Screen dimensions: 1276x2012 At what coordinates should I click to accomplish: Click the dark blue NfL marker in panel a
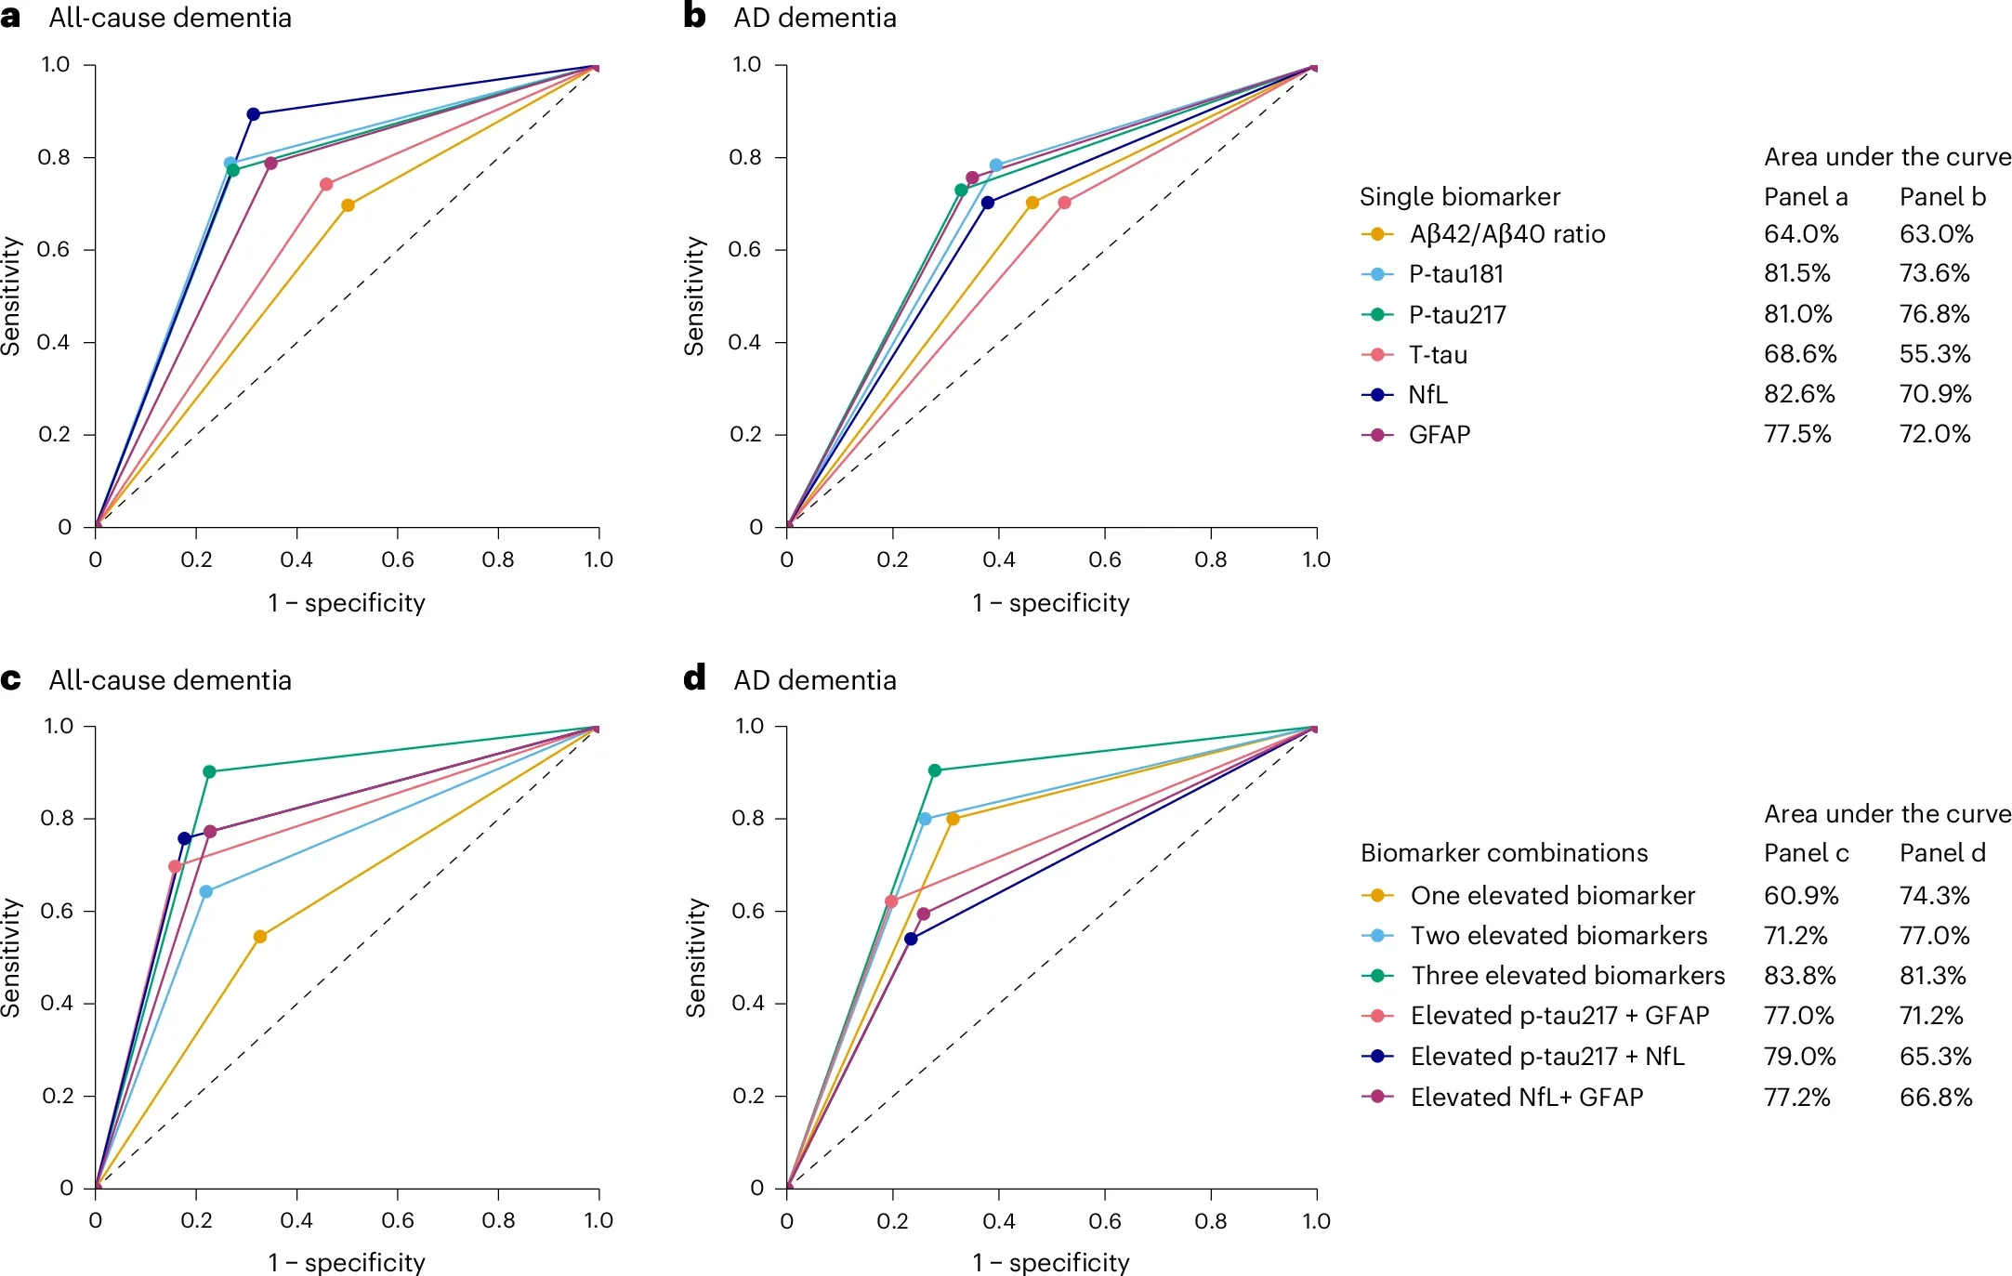coord(253,114)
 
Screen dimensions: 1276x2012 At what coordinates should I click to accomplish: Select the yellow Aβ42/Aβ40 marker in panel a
coord(348,205)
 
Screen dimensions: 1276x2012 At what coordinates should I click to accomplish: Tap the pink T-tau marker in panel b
coord(1064,203)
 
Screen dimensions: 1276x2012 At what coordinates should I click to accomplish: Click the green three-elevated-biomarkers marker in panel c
coord(209,771)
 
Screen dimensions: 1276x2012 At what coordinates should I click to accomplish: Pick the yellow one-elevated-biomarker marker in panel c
coord(260,937)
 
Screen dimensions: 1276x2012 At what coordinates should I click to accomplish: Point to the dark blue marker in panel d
coord(911,939)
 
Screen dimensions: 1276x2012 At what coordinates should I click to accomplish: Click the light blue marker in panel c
coord(206,891)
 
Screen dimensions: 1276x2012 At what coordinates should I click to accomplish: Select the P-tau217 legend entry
coord(1456,314)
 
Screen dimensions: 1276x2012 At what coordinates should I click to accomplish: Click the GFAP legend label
coord(1439,435)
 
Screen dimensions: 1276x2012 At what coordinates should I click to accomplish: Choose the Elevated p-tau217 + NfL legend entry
coord(1546,1057)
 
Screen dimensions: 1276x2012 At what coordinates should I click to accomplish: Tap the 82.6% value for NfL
coord(1799,394)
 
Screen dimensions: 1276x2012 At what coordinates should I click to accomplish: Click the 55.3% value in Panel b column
coord(1935,354)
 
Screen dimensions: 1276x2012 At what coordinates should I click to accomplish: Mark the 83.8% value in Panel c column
coord(1799,976)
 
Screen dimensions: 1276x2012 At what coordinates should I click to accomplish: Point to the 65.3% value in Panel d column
coord(1935,1057)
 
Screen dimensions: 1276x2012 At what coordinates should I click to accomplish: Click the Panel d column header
coord(1942,853)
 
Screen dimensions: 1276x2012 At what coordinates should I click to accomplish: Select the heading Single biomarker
coord(1459,197)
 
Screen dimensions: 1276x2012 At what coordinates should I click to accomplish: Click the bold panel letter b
coord(694,17)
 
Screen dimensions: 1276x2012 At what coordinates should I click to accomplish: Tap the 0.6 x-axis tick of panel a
coord(398,559)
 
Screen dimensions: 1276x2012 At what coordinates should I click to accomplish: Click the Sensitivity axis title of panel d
coord(695,956)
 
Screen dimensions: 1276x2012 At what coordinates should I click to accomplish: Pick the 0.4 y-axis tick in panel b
coord(744,342)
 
